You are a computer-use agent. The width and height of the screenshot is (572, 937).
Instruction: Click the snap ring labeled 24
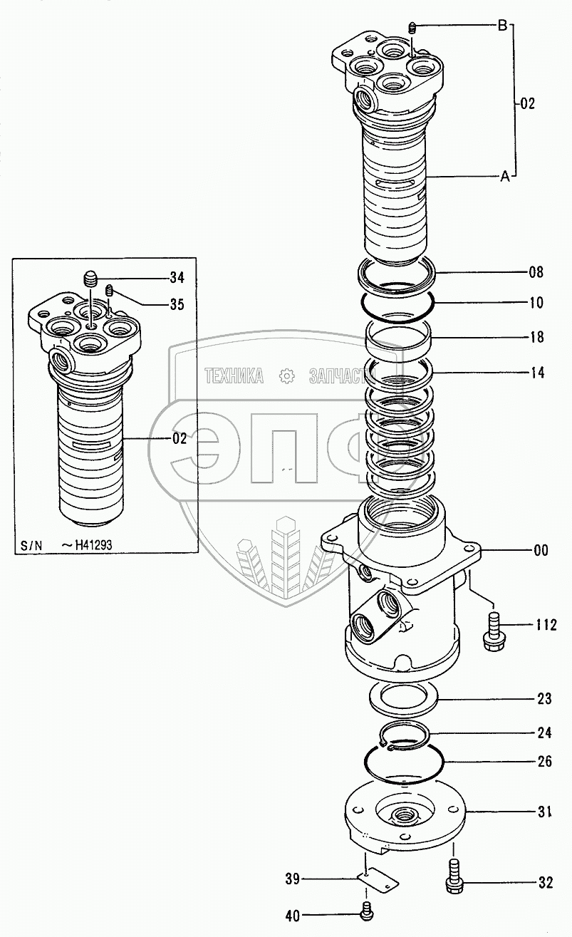point(403,735)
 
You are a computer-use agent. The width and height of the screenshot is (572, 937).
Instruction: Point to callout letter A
point(504,177)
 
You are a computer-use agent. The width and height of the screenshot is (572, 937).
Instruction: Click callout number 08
point(536,271)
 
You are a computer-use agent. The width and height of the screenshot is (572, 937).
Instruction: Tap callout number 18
point(536,338)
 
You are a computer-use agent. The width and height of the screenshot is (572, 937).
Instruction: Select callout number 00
point(541,549)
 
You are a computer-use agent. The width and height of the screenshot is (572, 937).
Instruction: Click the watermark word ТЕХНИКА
point(234,376)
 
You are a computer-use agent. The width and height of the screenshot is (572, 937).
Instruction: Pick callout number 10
point(536,303)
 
